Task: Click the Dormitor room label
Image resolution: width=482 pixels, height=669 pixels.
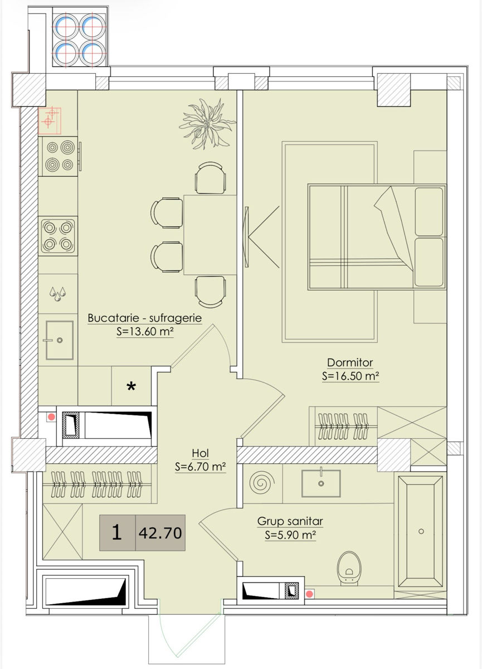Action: (x=350, y=362)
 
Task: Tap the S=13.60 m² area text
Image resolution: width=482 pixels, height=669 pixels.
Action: (x=145, y=332)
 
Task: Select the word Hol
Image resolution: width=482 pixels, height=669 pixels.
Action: (x=200, y=453)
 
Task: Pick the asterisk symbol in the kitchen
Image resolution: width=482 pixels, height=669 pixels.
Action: (x=132, y=387)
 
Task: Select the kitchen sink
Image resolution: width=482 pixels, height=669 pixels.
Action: (x=60, y=340)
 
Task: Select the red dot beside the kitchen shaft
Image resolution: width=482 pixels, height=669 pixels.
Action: (x=51, y=417)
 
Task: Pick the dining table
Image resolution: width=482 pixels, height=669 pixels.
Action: (x=210, y=235)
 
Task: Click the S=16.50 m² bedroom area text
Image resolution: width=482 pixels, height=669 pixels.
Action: (x=350, y=376)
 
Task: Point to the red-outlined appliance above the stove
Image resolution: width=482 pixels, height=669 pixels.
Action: (x=50, y=120)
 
